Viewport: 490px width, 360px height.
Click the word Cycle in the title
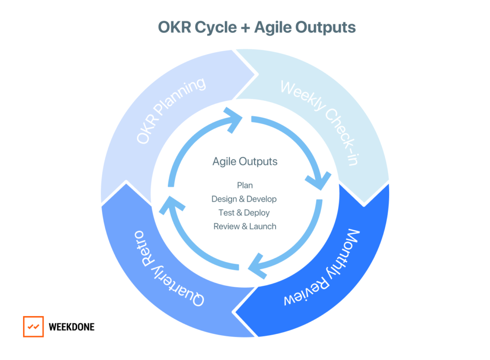[x=216, y=28]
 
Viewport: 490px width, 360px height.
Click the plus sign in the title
[x=245, y=27]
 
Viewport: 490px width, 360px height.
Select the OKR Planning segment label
[x=171, y=111]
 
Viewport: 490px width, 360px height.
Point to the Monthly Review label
[x=322, y=267]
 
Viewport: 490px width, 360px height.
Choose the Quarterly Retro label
[x=169, y=268]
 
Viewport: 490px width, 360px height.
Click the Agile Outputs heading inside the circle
[x=245, y=162]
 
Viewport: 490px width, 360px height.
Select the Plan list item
[x=245, y=185]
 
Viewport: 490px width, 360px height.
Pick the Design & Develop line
[x=244, y=199]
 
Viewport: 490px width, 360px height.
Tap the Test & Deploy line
[x=244, y=213]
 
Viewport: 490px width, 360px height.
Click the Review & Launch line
[x=245, y=226]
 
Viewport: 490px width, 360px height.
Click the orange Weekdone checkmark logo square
[x=33, y=327]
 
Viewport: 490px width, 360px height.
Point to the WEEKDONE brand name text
[x=72, y=327]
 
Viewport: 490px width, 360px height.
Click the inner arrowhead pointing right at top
[x=234, y=120]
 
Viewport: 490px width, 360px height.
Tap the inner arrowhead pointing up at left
[x=172, y=205]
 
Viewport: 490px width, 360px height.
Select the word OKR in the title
[x=174, y=27]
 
